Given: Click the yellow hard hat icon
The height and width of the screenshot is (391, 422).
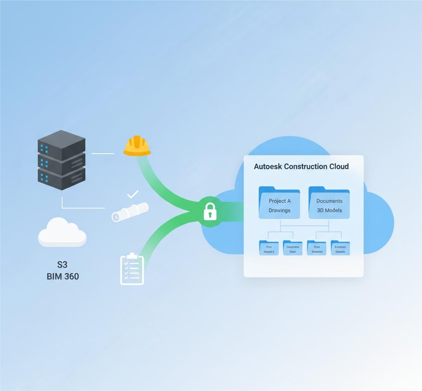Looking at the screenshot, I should coord(137,147).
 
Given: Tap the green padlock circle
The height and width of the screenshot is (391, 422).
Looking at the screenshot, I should coord(210,212).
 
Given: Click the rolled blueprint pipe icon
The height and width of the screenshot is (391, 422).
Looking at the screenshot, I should coord(130,211).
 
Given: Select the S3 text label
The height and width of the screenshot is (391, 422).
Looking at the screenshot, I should coord(62,264).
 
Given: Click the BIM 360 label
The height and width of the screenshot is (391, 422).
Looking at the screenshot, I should coord(63,276).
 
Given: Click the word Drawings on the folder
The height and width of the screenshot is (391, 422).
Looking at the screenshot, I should coord(279,211).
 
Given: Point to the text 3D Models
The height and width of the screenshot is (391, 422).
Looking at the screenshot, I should coord(329,211).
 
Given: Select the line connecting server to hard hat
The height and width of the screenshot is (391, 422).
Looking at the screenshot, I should coord(103,153).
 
